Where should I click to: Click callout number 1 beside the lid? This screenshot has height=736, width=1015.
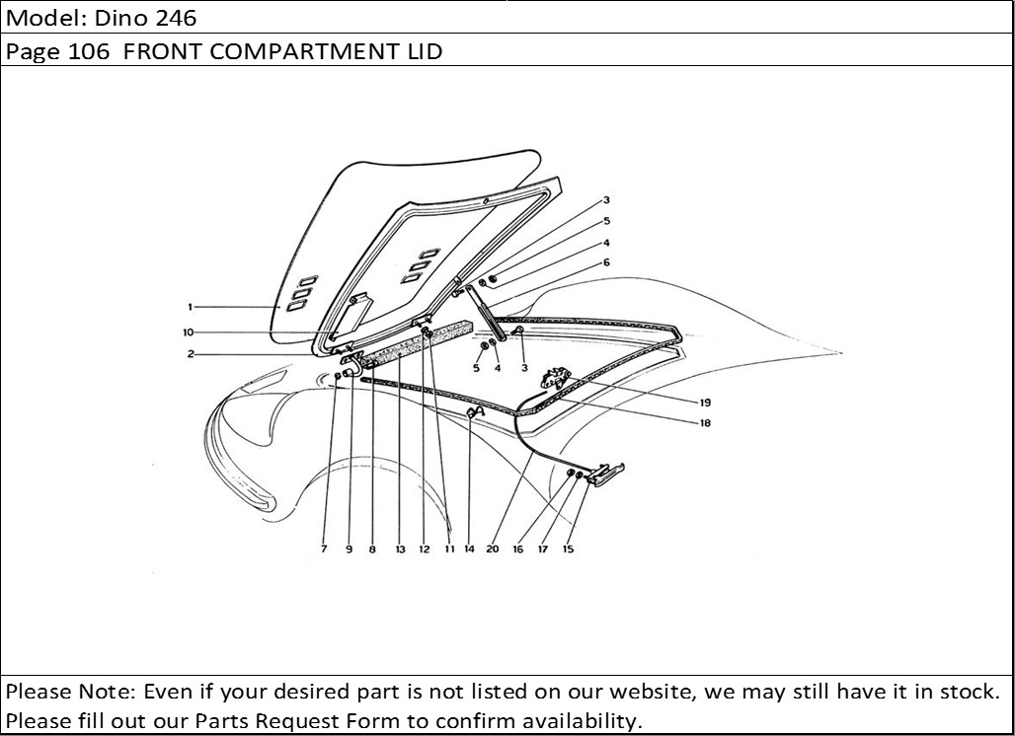coord(189,307)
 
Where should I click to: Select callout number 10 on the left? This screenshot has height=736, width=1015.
coord(188,332)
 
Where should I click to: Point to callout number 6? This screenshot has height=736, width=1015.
coord(606,262)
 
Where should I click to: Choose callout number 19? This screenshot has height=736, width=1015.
coord(706,403)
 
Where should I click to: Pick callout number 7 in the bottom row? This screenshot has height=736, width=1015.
coord(323,550)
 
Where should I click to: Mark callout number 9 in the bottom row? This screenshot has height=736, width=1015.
coord(349,550)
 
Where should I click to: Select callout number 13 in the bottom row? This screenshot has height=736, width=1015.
coord(400,550)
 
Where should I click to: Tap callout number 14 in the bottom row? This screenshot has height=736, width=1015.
coord(469,550)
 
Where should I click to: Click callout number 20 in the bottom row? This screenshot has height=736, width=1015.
coord(493,550)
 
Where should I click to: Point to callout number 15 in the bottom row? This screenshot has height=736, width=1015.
coord(568,550)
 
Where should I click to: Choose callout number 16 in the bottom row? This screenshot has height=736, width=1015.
coord(517,550)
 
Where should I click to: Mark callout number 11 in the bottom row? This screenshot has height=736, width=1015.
coord(448,550)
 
